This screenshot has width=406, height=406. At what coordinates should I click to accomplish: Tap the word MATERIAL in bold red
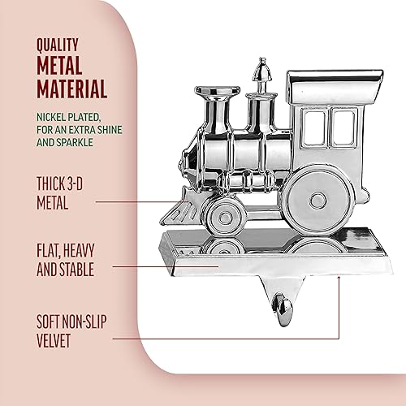(x=71, y=88)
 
